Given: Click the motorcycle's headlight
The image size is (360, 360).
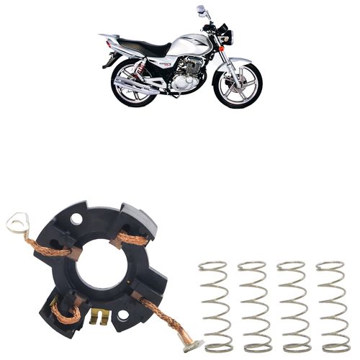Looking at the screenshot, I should (224, 34).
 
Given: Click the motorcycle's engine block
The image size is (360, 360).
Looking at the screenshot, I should (184, 76).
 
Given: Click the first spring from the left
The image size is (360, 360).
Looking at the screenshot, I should (214, 306).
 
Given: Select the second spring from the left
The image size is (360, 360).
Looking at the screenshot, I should (253, 306).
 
